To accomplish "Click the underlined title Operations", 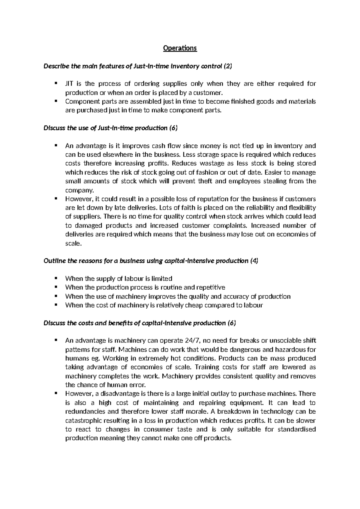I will click(x=180, y=48).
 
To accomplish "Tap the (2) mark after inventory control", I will click(x=228, y=66).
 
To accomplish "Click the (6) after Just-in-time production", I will click(x=173, y=128).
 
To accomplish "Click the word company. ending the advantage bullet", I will click(x=79, y=190).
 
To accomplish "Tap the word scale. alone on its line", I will click(x=73, y=243).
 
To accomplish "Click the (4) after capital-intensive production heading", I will click(x=254, y=261).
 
